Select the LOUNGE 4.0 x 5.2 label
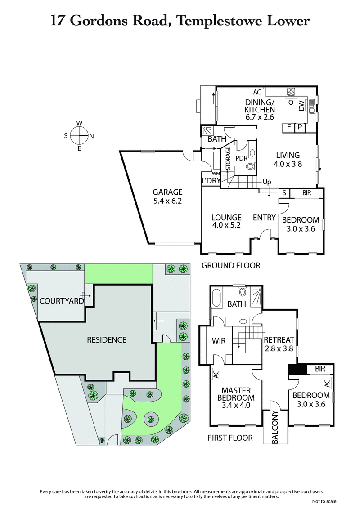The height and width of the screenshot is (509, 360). point(226,221)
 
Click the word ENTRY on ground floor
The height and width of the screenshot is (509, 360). point(264,218)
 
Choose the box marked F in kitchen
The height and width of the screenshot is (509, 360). point(288,128)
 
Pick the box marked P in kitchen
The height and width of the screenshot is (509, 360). point(300,128)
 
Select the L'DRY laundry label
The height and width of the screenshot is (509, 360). point(211,181)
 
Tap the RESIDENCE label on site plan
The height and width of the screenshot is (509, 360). point(107,339)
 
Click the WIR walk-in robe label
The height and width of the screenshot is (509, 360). point(219,341)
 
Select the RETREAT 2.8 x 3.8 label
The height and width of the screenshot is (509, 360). point(279,344)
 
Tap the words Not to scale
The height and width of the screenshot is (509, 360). point(324,501)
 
